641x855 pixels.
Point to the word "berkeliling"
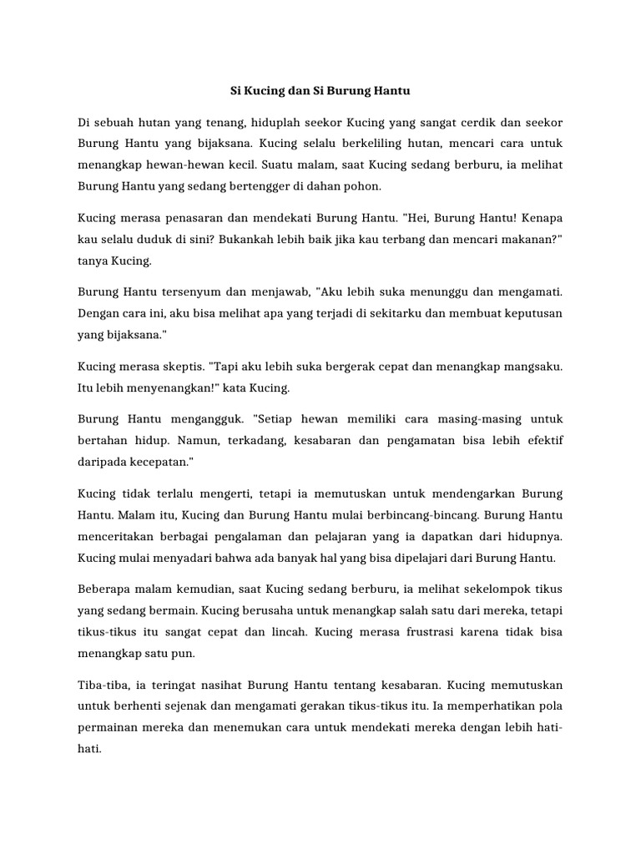pos(373,143)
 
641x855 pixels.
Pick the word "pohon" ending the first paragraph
pos(363,185)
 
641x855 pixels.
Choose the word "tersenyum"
pos(190,292)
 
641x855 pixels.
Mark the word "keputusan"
pos(529,313)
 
